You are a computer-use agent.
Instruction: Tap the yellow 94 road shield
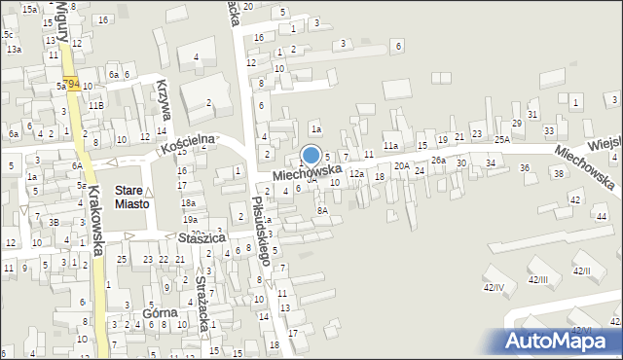click(71, 86)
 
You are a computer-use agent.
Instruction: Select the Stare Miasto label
click(131, 198)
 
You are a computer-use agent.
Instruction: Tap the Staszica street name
click(202, 237)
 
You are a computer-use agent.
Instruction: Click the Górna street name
click(160, 313)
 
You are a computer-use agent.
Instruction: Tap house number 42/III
click(537, 279)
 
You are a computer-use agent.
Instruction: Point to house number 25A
click(501, 139)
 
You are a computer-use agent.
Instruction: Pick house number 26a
click(438, 160)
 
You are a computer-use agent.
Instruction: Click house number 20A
click(401, 165)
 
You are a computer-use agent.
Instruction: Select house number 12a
click(357, 173)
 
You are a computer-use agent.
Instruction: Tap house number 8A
click(322, 209)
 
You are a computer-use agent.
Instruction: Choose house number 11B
click(95, 104)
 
